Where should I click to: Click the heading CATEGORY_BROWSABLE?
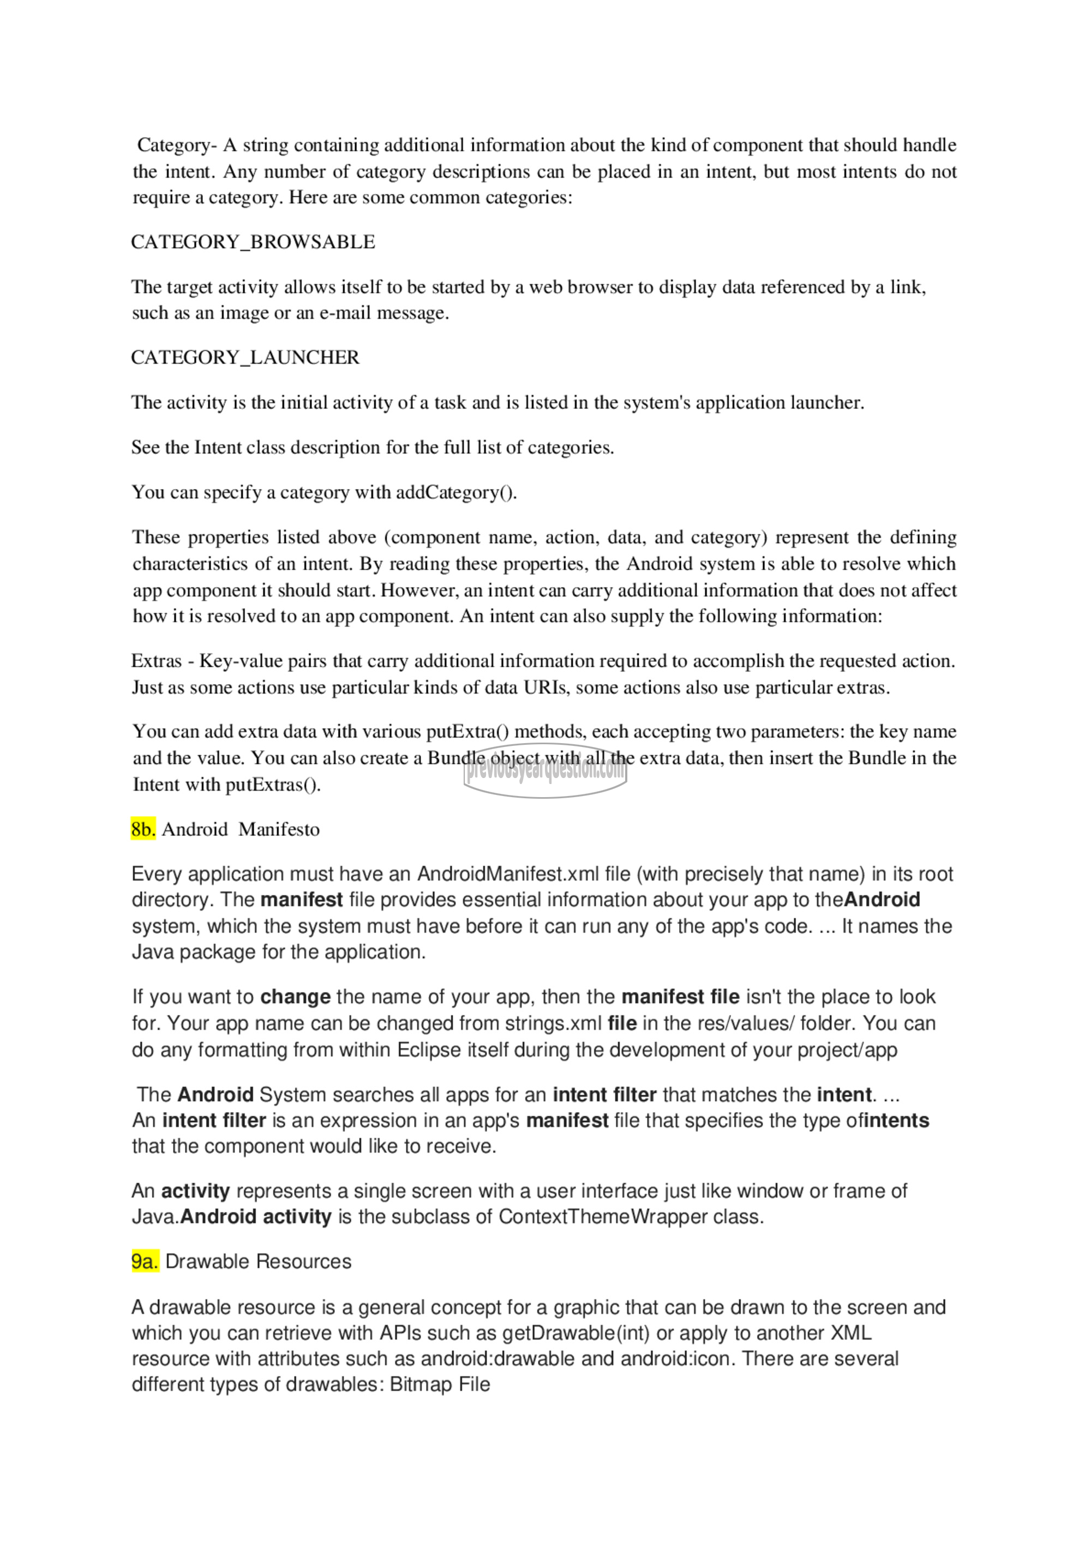253,242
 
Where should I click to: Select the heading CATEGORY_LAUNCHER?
245,358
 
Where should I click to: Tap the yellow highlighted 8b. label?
143,829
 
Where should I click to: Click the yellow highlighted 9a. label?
145,1262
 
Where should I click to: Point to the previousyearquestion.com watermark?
545,771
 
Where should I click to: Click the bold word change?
295,997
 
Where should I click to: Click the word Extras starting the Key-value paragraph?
156,661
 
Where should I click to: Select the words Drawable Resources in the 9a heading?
258,1262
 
